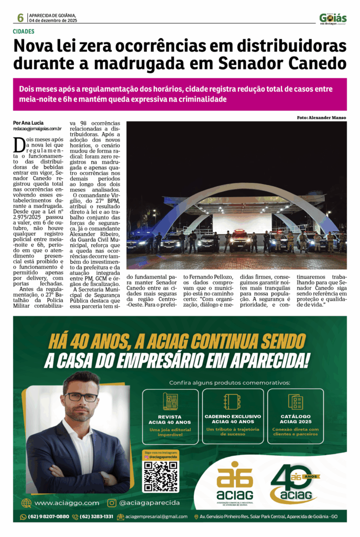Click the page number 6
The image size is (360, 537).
(20, 18)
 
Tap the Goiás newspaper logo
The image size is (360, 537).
(333, 18)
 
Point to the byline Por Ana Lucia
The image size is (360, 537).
(28, 123)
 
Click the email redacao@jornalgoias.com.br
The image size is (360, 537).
(38, 128)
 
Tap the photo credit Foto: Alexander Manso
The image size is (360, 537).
(321, 117)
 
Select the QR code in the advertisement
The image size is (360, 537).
(160, 476)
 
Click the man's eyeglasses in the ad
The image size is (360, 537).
(81, 397)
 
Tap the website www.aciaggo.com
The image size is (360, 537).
(66, 503)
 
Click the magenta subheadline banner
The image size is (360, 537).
(180, 94)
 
